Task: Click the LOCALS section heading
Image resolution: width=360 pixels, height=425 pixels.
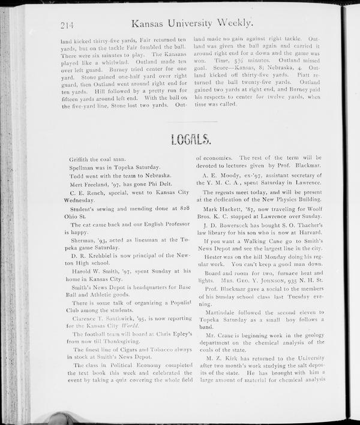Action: (191, 140)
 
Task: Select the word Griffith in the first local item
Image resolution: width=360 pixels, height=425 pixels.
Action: (82, 159)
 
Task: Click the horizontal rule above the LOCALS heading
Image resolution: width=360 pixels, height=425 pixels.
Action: (191, 122)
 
